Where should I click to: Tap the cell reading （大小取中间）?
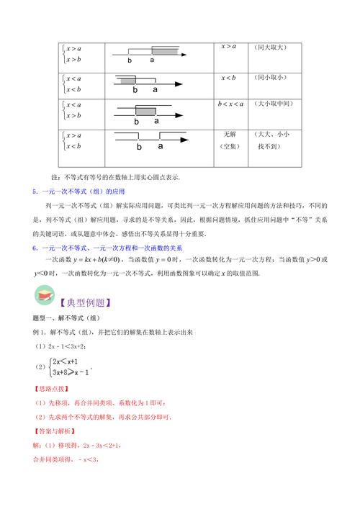point(272,104)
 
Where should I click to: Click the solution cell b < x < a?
point(230,104)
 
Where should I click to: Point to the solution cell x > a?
point(230,48)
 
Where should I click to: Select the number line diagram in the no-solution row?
point(151,140)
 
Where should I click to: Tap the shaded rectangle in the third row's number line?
point(145,111)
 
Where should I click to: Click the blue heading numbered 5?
point(79,192)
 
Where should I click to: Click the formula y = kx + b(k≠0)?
point(119,259)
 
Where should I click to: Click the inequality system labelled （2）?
point(68,367)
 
